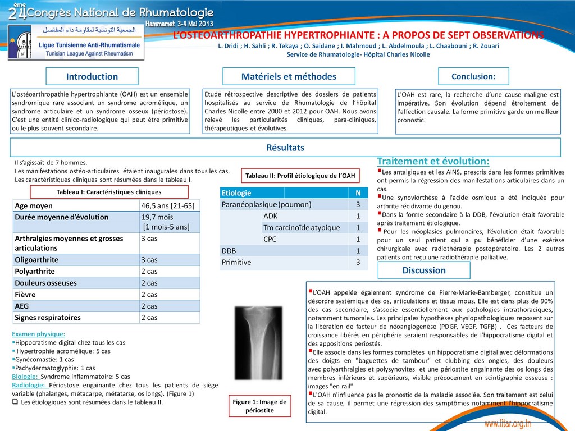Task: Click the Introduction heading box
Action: pos(92,76)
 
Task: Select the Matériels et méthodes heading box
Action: pos(289,76)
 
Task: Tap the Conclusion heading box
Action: pos(473,76)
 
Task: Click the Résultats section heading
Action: pos(285,148)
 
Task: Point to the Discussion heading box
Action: pos(424,270)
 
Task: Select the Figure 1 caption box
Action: pos(259,406)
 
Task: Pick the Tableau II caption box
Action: pos(300,176)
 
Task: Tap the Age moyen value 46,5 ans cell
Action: pos(169,206)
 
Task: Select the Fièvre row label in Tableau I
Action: pos(25,294)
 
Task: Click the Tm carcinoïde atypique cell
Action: pos(301,227)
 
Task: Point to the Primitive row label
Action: pos(236,262)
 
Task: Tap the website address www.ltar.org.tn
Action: pos(508,423)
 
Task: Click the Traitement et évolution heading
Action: pos(433,161)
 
